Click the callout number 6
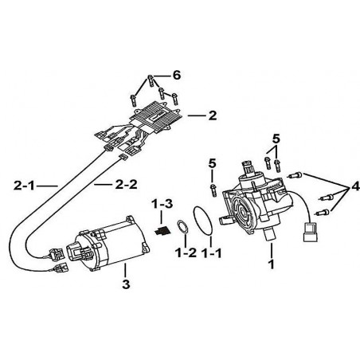point(177,75)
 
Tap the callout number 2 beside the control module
point(213,115)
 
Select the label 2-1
point(24,186)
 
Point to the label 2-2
point(126,185)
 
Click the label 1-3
point(162,204)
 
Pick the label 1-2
point(186,252)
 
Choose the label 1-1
point(211,252)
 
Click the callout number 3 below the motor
point(126,284)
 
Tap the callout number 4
point(355,186)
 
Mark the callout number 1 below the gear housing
point(271,264)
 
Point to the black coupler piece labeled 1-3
point(162,230)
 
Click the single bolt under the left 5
point(213,190)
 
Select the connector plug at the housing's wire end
point(310,232)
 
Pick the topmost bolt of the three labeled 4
point(295,175)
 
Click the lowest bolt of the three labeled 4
point(323,213)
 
